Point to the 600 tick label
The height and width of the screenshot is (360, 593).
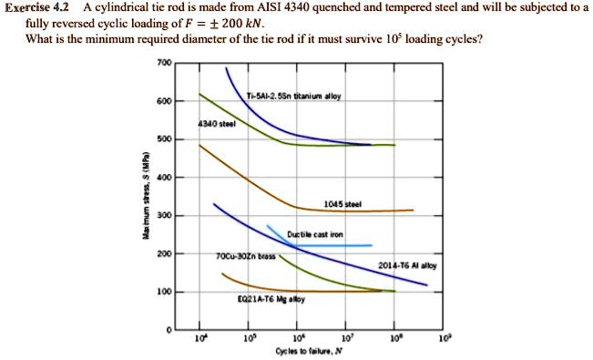pos(164,101)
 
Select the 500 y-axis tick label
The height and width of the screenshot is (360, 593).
pos(164,139)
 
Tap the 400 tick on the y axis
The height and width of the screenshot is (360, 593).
pos(164,178)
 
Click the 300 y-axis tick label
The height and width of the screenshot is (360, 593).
pos(164,216)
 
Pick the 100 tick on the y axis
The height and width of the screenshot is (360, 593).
pos(164,293)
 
